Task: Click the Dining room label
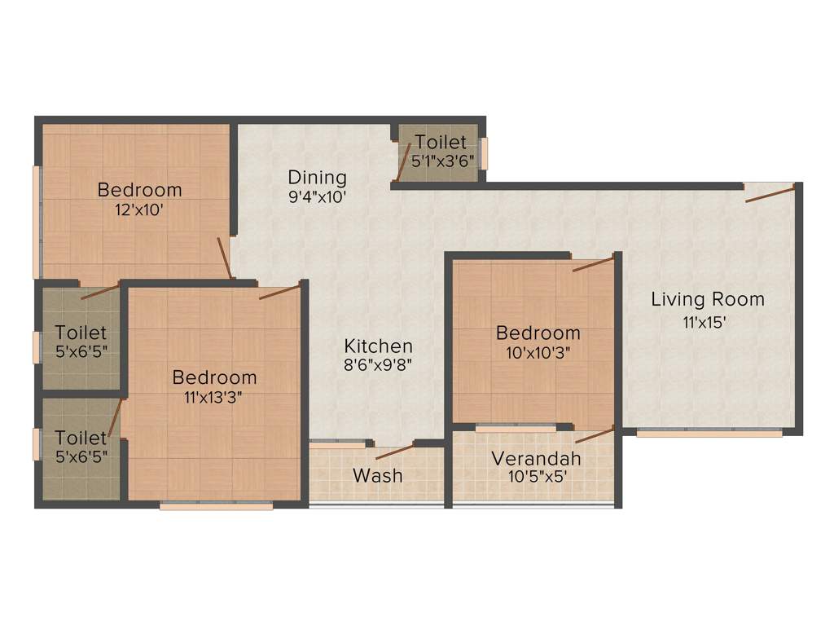317,177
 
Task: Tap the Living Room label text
707,299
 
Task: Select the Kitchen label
378,346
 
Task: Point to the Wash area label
378,474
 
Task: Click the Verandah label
536,458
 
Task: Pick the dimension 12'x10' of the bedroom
139,209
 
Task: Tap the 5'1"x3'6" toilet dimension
441,161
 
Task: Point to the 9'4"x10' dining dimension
317,196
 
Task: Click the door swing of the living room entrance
770,193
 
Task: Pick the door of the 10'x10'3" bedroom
592,265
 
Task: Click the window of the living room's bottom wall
709,433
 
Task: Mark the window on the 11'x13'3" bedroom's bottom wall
216,505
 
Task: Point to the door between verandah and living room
595,434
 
